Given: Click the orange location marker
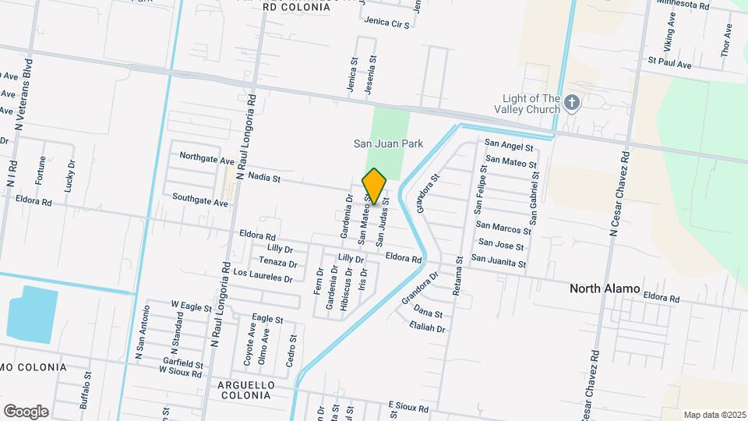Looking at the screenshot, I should tap(375, 186).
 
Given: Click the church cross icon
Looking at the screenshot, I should tap(572, 102).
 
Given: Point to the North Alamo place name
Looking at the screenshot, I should tap(605, 288).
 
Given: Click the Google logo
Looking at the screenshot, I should tap(26, 411).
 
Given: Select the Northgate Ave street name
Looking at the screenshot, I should tap(206, 158).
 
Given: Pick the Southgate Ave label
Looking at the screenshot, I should tap(200, 200).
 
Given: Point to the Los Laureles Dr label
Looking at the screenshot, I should tap(263, 275).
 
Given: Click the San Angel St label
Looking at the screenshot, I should tap(509, 145).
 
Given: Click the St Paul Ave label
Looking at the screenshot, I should tap(669, 62).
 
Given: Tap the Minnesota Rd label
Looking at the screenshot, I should tap(683, 5).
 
